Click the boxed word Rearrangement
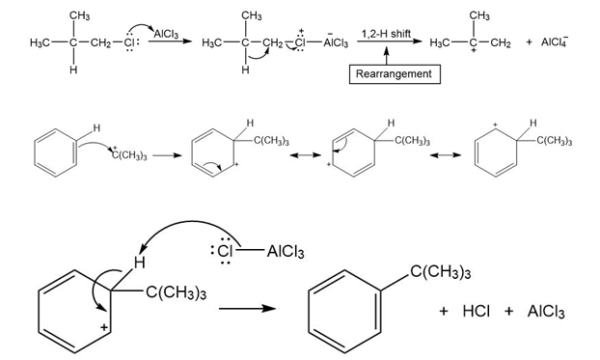[394, 74]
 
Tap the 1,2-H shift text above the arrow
[386, 34]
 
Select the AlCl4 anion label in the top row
[555, 42]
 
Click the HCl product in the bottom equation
[476, 312]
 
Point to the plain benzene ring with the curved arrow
[56, 152]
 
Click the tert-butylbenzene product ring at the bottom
[344, 312]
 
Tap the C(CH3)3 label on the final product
[440, 272]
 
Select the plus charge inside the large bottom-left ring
[104, 328]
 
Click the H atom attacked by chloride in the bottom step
[139, 263]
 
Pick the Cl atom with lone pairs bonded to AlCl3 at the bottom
[225, 251]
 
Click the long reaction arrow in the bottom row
[247, 308]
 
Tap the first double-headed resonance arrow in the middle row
[306, 155]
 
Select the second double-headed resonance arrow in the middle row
[446, 155]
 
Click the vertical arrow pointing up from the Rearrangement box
[387, 56]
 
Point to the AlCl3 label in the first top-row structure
[167, 35]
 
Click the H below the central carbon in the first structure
[73, 69]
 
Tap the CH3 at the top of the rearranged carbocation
[479, 15]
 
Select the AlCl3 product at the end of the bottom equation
[546, 312]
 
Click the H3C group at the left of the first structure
[40, 42]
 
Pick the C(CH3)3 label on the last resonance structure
[555, 141]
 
